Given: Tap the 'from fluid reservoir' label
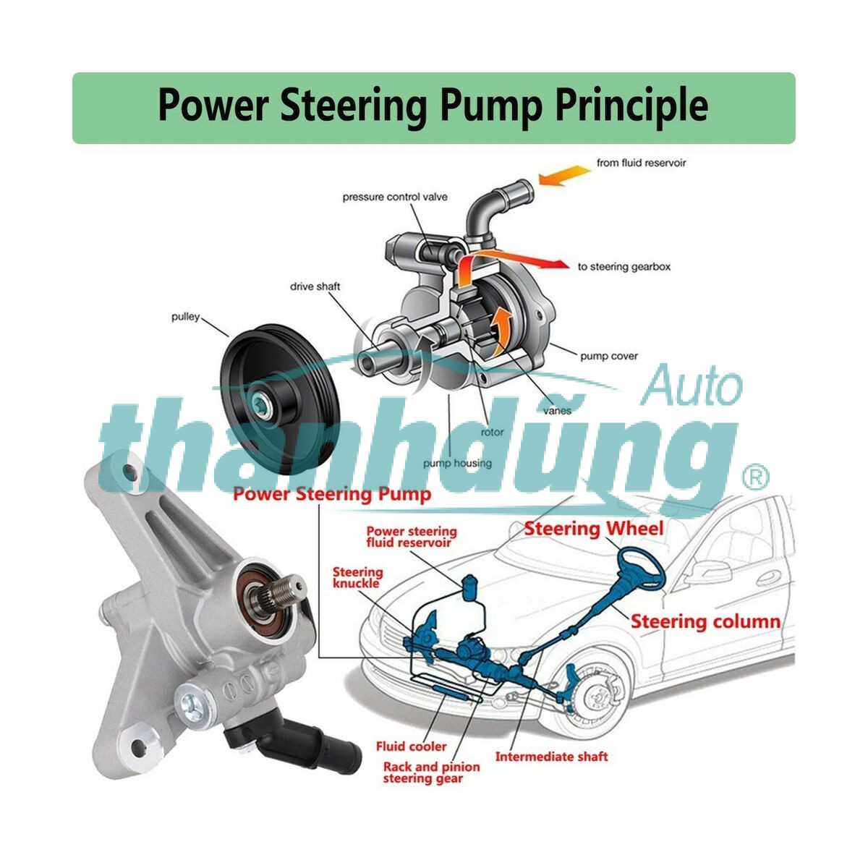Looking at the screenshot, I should [x=641, y=163].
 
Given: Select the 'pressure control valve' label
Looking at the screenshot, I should [x=395, y=197].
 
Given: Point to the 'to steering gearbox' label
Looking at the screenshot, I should [x=624, y=267].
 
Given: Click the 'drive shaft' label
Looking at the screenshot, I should [x=315, y=286].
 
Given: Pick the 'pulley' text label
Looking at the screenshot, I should [x=185, y=317].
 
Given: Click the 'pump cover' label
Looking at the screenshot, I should [x=609, y=356].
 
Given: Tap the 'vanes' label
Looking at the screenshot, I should [x=558, y=410].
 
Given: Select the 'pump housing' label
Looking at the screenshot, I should [x=457, y=463].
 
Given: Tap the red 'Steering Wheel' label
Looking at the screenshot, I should [x=593, y=529].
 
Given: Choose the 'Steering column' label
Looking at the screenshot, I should [x=705, y=621].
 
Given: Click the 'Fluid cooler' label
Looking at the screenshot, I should [x=411, y=746].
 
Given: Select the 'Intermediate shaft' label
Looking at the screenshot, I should [x=551, y=757].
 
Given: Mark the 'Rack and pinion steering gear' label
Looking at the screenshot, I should [x=431, y=773].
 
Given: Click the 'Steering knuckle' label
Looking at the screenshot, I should [x=357, y=577].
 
